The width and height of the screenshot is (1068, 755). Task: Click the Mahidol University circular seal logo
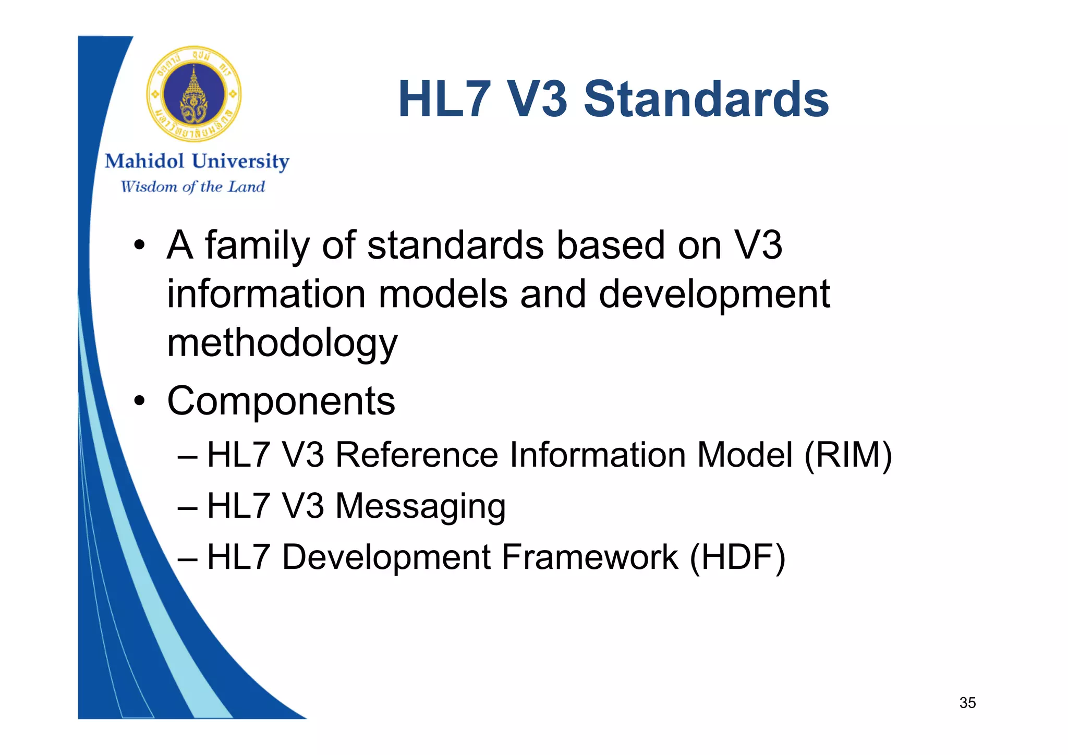194,94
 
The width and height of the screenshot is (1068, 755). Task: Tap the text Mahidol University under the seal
197,161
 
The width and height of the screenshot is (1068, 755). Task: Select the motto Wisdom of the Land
193,187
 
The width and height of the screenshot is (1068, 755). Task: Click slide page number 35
967,703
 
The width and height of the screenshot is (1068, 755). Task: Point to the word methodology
282,343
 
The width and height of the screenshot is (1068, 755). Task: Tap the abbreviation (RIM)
848,455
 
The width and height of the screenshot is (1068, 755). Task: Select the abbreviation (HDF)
737,557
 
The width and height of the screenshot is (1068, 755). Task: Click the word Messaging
420,506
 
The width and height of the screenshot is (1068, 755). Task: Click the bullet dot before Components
139,401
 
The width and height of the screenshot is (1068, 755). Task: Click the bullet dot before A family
139,246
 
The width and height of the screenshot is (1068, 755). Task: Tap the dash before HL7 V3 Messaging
187,507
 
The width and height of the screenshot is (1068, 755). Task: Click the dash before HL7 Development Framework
187,558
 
